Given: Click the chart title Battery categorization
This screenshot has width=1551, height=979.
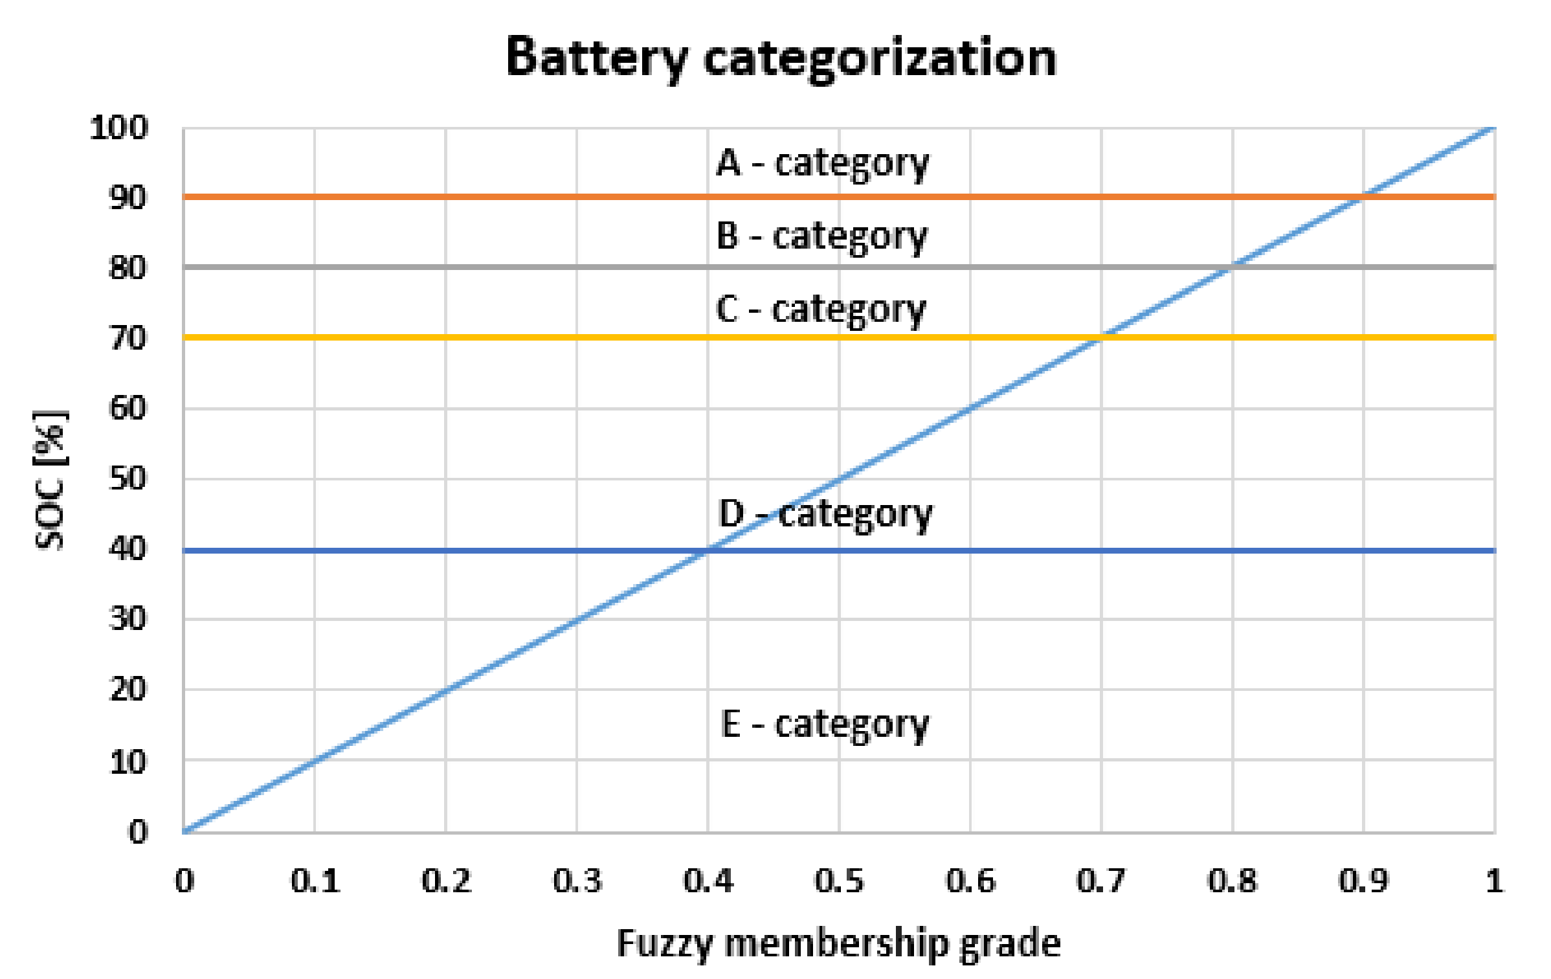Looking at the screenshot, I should pos(781,58).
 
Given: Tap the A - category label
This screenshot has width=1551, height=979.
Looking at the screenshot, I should pos(822,163).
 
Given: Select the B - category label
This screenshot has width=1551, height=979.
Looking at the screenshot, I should pos(821,236).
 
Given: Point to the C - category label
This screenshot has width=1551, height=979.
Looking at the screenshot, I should pos(821,309).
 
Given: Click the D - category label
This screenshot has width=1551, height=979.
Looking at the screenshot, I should pos(825,515).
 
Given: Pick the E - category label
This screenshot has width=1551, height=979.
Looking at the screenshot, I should pos(825,725).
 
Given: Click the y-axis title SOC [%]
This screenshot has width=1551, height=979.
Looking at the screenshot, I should pos(50,480).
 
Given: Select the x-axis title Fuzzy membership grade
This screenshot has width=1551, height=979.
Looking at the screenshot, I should pos(838,943).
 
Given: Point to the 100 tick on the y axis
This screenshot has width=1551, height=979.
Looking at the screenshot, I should pos(119,128).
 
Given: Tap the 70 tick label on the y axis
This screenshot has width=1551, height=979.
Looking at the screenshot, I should pos(128,338).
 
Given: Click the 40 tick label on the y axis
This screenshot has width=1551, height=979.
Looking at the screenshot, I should pos(128,549).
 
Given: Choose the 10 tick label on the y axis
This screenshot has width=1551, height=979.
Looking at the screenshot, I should pos(128,763).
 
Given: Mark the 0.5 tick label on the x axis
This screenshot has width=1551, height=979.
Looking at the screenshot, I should pos(839,881).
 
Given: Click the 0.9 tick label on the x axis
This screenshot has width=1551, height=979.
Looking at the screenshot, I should pos(1363,881).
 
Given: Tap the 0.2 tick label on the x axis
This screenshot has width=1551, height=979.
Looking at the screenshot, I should pos(446,881).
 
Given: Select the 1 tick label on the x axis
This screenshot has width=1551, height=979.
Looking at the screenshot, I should pos(1494,881).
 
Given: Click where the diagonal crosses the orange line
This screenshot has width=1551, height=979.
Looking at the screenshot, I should pos(1363,196).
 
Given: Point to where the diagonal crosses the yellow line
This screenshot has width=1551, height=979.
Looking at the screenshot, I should pos(1101,337).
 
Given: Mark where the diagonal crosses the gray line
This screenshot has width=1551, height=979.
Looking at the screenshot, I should pos(1233,266).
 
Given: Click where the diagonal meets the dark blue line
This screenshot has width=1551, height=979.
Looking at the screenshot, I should pos(708,550).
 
